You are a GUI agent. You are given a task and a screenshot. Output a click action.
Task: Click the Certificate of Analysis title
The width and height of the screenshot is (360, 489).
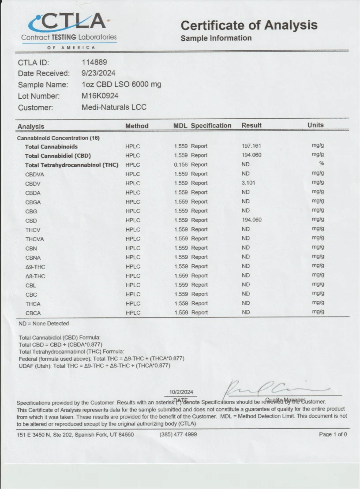coord(249,25)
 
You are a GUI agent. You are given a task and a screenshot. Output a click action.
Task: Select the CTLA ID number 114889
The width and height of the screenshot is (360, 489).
coord(94,62)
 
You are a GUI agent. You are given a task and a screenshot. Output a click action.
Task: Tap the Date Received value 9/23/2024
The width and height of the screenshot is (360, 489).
coord(98,73)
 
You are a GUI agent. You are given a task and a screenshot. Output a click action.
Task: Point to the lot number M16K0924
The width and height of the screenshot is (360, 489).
coord(100,96)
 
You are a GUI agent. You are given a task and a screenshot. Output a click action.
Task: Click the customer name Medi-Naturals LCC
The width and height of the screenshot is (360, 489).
coord(114,107)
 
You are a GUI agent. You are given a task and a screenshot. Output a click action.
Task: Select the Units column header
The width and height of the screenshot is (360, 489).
coord(315,125)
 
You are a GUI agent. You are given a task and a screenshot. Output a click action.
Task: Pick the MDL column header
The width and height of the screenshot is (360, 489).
coord(180,126)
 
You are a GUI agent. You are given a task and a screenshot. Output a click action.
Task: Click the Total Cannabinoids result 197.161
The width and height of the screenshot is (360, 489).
coord(251,146)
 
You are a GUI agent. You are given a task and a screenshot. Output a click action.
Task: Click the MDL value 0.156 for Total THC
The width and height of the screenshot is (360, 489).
coord(181,164)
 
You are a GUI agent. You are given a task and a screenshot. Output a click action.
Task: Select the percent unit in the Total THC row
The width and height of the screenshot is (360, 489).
coord(322,164)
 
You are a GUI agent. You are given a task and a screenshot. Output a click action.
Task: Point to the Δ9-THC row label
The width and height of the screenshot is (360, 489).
coord(35,267)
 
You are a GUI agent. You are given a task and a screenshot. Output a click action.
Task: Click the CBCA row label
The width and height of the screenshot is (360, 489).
coord(33,313)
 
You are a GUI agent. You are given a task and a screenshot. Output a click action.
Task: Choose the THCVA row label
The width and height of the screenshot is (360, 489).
coord(35,239)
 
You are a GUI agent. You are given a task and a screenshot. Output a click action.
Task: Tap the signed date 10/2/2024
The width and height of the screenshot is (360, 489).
coord(181,392)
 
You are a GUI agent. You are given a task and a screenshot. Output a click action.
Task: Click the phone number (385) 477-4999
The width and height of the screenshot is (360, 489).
coord(178,434)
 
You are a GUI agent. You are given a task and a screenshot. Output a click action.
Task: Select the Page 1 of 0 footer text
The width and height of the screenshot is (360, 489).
coord(333,434)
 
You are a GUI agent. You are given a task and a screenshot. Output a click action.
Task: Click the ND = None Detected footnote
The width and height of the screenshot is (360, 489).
coord(44,324)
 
